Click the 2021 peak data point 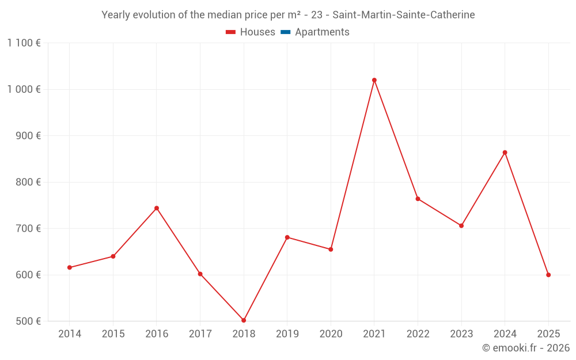[374, 80]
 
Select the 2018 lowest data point [244, 320]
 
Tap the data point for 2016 [157, 208]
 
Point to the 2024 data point [505, 153]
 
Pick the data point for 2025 [548, 275]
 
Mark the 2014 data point [70, 267]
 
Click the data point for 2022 [418, 199]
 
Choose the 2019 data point [287, 237]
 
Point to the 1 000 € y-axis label [24, 89]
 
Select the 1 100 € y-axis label [24, 43]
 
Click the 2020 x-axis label [331, 334]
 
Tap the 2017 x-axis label [200, 334]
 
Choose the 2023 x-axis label [461, 334]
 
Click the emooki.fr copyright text [526, 348]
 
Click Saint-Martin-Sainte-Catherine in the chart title [404, 15]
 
